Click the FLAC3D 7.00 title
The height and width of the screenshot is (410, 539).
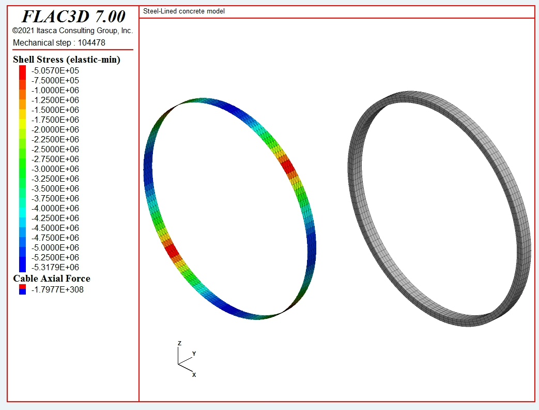(73, 16)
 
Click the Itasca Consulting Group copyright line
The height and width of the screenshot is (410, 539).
(72, 31)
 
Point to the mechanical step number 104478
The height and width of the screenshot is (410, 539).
(91, 42)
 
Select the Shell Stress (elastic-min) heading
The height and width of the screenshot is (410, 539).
(67, 60)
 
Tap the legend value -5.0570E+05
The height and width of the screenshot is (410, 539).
(55, 70)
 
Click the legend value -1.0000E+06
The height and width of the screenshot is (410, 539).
(55, 90)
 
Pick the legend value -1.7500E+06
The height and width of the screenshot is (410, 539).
(55, 120)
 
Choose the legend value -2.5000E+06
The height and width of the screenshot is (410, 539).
(55, 150)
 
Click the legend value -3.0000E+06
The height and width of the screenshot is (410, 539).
(55, 169)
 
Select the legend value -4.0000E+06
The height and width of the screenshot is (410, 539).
(55, 208)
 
